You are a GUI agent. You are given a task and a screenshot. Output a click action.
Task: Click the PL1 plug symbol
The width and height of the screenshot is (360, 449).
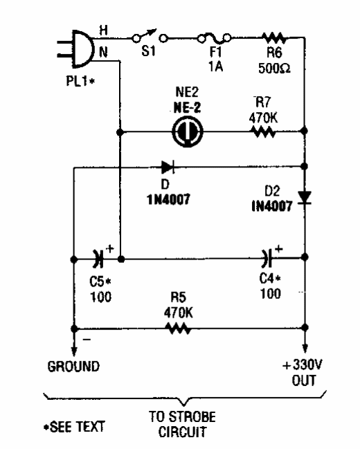click(x=77, y=48)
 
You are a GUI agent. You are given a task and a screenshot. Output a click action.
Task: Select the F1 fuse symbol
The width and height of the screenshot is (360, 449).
click(x=215, y=37)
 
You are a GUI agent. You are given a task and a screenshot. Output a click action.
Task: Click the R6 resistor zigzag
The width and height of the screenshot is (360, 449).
click(x=274, y=37)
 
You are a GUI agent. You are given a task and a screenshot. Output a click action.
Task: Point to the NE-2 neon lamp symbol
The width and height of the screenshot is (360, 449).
click(x=188, y=132)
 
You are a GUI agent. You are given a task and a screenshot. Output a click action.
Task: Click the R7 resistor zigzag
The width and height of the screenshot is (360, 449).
click(x=263, y=132)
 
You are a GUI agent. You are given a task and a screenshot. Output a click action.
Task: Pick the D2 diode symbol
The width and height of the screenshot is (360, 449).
click(x=305, y=198)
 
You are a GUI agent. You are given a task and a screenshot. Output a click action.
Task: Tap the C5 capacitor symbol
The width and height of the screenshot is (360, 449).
click(x=98, y=259)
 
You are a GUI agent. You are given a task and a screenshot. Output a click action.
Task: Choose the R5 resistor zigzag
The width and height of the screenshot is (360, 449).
click(x=179, y=329)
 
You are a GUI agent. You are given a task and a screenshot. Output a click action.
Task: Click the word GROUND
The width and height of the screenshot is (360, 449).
click(x=73, y=367)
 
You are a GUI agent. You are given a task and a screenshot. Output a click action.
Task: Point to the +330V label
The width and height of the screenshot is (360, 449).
click(x=303, y=365)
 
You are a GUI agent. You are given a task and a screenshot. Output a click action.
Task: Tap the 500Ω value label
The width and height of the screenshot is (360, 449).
click(x=274, y=68)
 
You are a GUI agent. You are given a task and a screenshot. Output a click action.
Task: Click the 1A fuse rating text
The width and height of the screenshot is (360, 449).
click(x=215, y=66)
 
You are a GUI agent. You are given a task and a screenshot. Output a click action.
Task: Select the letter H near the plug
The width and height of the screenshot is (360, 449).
click(x=103, y=30)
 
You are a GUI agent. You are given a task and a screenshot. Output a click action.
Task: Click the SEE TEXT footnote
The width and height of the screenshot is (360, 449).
click(x=74, y=427)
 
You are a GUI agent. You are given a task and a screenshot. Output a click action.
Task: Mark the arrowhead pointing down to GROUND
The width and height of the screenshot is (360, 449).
click(x=74, y=351)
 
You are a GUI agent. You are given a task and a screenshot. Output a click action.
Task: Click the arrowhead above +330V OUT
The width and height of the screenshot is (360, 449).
click(x=305, y=348)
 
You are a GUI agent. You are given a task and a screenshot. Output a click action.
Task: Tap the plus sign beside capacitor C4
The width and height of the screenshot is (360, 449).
click(x=278, y=249)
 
